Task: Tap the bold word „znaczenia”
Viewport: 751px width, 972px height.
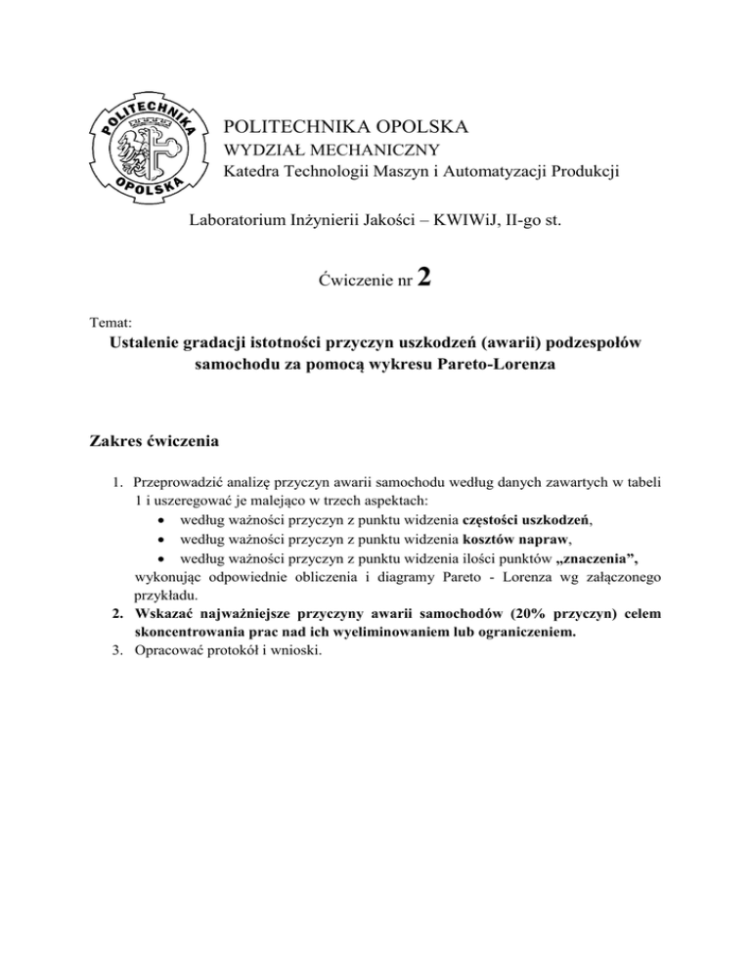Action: tap(606, 557)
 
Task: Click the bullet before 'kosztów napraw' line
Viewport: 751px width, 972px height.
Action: tap(159, 539)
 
